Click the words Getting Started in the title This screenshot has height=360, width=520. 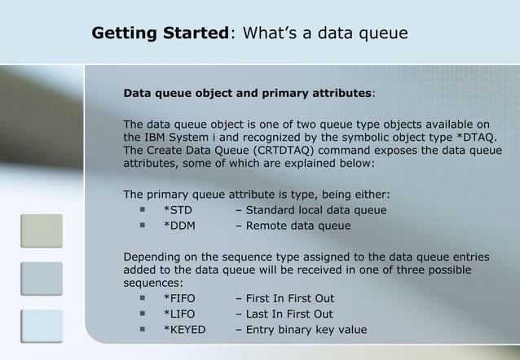click(160, 34)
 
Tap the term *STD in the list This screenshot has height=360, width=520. click(178, 212)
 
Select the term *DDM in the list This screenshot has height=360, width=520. click(180, 226)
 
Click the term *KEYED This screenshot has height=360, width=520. click(185, 330)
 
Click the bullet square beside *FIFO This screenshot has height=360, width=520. click(141, 299)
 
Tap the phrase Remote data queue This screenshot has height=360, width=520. click(297, 226)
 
